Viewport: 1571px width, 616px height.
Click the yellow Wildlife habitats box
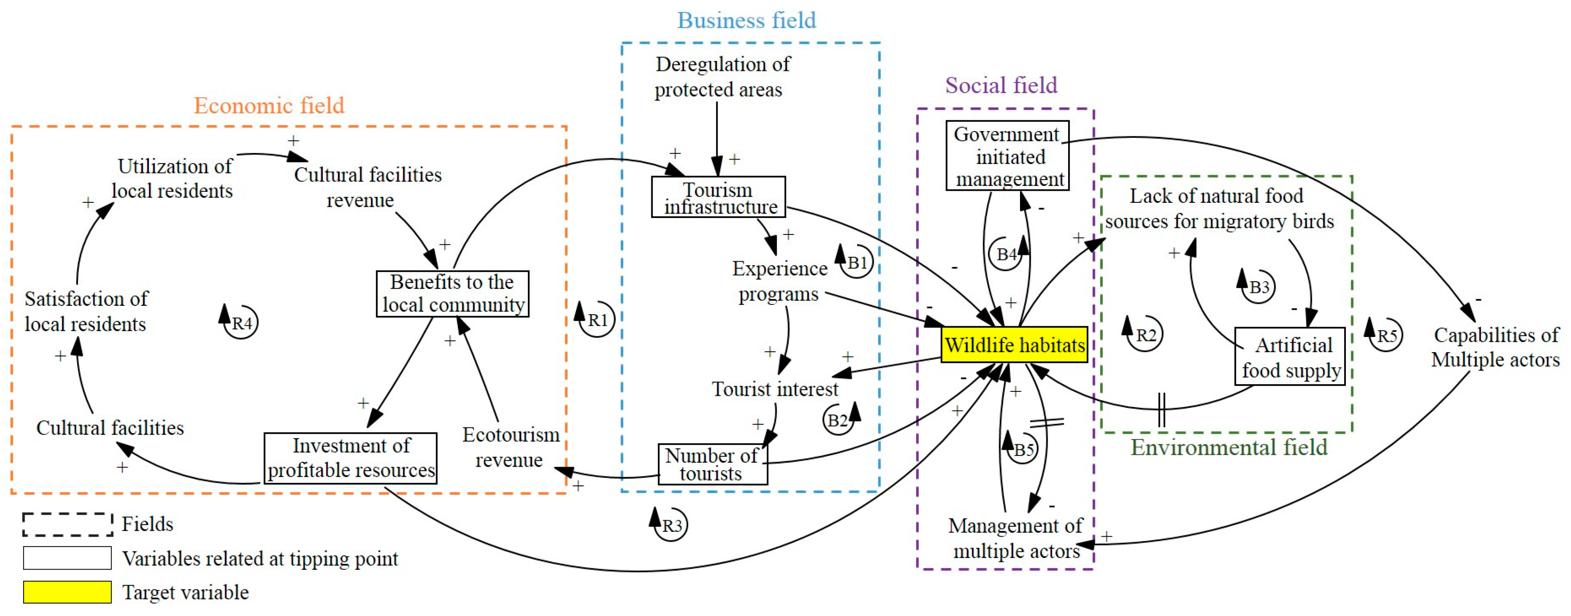pyautogui.click(x=1014, y=345)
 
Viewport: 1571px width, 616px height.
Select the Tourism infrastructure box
pyautogui.click(x=719, y=197)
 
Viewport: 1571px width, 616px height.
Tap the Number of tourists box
pyautogui.click(x=712, y=464)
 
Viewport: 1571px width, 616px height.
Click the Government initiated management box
pyautogui.click(x=1008, y=156)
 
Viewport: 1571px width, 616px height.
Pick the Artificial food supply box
pyautogui.click(x=1290, y=356)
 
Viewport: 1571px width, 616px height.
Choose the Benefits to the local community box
pyautogui.click(x=452, y=293)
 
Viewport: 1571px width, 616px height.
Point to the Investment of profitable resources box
pyautogui.click(x=351, y=458)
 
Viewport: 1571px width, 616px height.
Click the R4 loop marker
pyautogui.click(x=239, y=321)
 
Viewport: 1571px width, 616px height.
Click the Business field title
pyautogui.click(x=746, y=20)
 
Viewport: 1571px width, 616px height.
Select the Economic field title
pyautogui.click(x=269, y=105)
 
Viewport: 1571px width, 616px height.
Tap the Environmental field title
pyautogui.click(x=1229, y=447)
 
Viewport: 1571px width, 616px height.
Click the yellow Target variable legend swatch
pyautogui.click(x=67, y=591)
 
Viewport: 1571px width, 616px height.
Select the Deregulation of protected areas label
pyautogui.click(x=722, y=77)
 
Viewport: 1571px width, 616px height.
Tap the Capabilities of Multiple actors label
pyautogui.click(x=1495, y=347)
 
